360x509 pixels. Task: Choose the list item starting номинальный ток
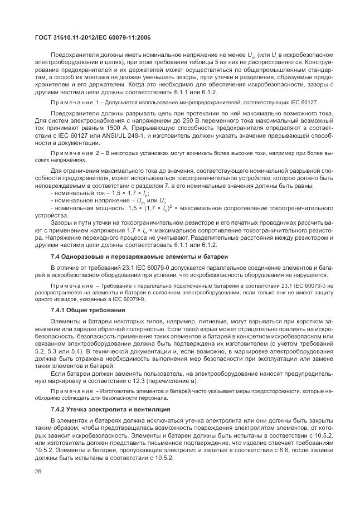92,192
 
